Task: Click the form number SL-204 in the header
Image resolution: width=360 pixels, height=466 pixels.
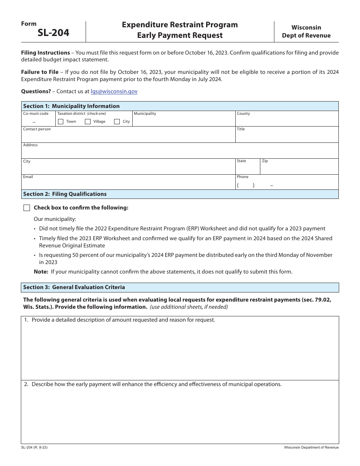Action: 53,33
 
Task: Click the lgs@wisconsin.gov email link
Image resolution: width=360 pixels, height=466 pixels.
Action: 114,91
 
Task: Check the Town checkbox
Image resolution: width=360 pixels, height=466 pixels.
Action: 61,122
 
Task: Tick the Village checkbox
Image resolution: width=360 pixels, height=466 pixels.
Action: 88,122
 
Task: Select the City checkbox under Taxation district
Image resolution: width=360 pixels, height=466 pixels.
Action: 117,122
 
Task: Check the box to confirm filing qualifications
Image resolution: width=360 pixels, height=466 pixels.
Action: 27,208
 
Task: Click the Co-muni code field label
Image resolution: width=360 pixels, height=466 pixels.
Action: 36,114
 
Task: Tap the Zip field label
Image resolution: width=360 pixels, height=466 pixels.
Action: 265,161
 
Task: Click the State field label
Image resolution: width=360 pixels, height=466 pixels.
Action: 241,161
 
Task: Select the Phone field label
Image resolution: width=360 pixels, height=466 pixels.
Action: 243,177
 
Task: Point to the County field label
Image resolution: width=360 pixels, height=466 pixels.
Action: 243,114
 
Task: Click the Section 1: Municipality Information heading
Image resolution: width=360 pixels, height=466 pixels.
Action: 71,106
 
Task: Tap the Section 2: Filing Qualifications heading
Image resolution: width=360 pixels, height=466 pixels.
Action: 65,194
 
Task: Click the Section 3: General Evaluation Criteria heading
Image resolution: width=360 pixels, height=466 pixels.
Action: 74,287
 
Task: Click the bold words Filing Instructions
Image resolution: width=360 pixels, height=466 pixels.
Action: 45,53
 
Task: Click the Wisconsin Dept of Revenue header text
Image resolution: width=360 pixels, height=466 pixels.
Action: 306,31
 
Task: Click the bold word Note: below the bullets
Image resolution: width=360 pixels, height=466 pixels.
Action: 41,272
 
